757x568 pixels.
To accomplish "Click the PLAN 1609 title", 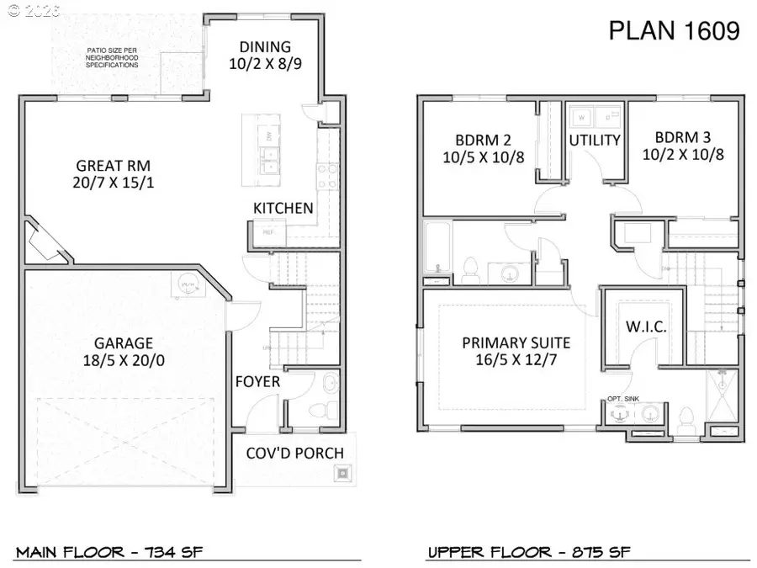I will coord(674,31).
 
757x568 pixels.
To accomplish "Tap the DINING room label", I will coord(265,47).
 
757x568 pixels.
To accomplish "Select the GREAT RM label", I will coord(113,166).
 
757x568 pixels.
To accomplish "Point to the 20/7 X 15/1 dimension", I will coord(114,183).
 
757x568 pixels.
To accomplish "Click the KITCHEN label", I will coord(283,208).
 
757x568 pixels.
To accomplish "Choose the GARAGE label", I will coord(123,342).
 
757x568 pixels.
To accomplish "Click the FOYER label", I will coord(257,382).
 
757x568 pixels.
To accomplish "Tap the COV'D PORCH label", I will coord(294,453).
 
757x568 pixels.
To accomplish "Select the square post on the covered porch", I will coord(342,472).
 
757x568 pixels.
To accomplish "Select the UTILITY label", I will coord(595,140).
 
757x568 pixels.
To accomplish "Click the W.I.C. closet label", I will coord(646,327).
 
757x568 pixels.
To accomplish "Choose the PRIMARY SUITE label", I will coord(516,342).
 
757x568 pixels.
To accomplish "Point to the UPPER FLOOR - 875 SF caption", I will coord(529,552).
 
